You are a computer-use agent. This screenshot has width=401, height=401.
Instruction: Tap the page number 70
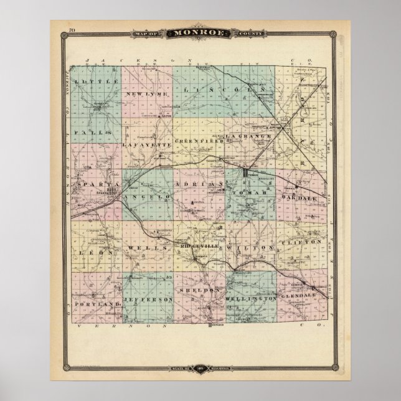tap(72, 31)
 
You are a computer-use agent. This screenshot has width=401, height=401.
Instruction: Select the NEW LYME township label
tap(144, 94)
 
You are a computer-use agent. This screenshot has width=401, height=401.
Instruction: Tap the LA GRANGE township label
tap(249, 136)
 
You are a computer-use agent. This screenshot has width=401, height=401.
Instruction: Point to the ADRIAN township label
tap(199, 186)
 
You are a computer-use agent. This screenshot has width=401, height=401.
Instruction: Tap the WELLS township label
tap(148, 248)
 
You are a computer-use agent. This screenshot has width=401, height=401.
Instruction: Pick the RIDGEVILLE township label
tap(199, 248)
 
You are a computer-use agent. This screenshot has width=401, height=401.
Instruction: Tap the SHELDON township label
tap(199, 291)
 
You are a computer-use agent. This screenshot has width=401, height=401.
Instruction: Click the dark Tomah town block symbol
tap(247, 172)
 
